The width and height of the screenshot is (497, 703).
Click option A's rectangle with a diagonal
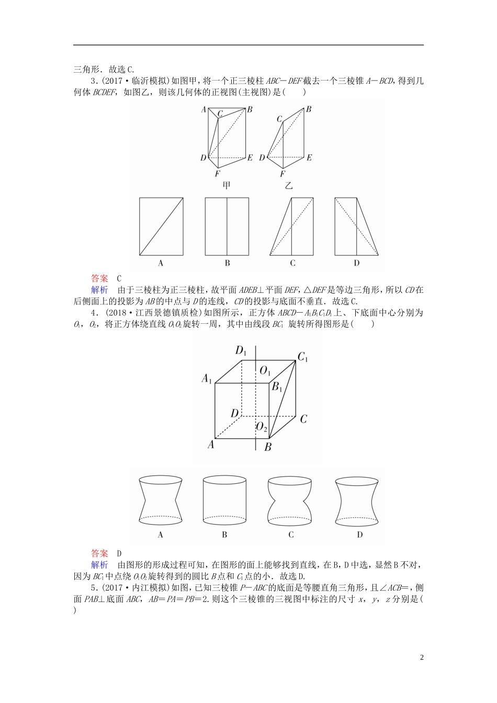coord(161,226)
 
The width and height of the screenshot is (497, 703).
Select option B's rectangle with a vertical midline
coord(227,226)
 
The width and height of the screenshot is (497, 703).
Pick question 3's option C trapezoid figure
coord(291,226)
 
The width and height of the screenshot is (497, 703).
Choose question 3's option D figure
coord(356,226)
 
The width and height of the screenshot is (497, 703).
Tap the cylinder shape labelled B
coord(224,500)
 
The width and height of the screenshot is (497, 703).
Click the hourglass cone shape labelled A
coord(160,500)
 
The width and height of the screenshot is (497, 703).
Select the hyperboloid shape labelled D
coord(357,500)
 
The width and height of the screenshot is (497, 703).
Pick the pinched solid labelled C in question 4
coord(290,500)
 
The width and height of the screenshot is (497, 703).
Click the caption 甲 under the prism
coord(227,185)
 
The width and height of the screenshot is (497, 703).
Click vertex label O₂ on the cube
coord(262,427)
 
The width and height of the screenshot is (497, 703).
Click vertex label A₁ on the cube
coord(207,379)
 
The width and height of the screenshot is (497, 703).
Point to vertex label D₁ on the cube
coord(241,350)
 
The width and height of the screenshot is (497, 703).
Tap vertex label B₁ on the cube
coord(277,387)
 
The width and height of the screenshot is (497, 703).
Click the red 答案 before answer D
coord(99,553)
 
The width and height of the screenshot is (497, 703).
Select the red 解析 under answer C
coord(99,290)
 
